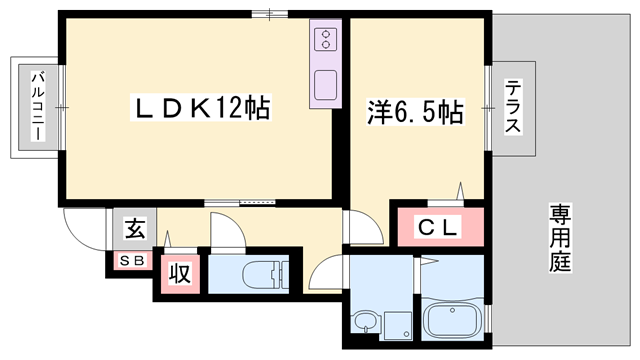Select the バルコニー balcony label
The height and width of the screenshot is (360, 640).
coord(36,106)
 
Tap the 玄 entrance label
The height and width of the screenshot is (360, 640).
coord(133,229)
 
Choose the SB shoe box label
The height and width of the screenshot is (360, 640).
coord(132,261)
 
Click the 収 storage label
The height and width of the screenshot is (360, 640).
coord(180,272)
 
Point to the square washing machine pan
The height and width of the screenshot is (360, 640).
coord(398,322)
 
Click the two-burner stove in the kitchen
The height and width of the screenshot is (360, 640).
coord(327,40)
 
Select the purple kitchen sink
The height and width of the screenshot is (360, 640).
coord(327,84)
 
